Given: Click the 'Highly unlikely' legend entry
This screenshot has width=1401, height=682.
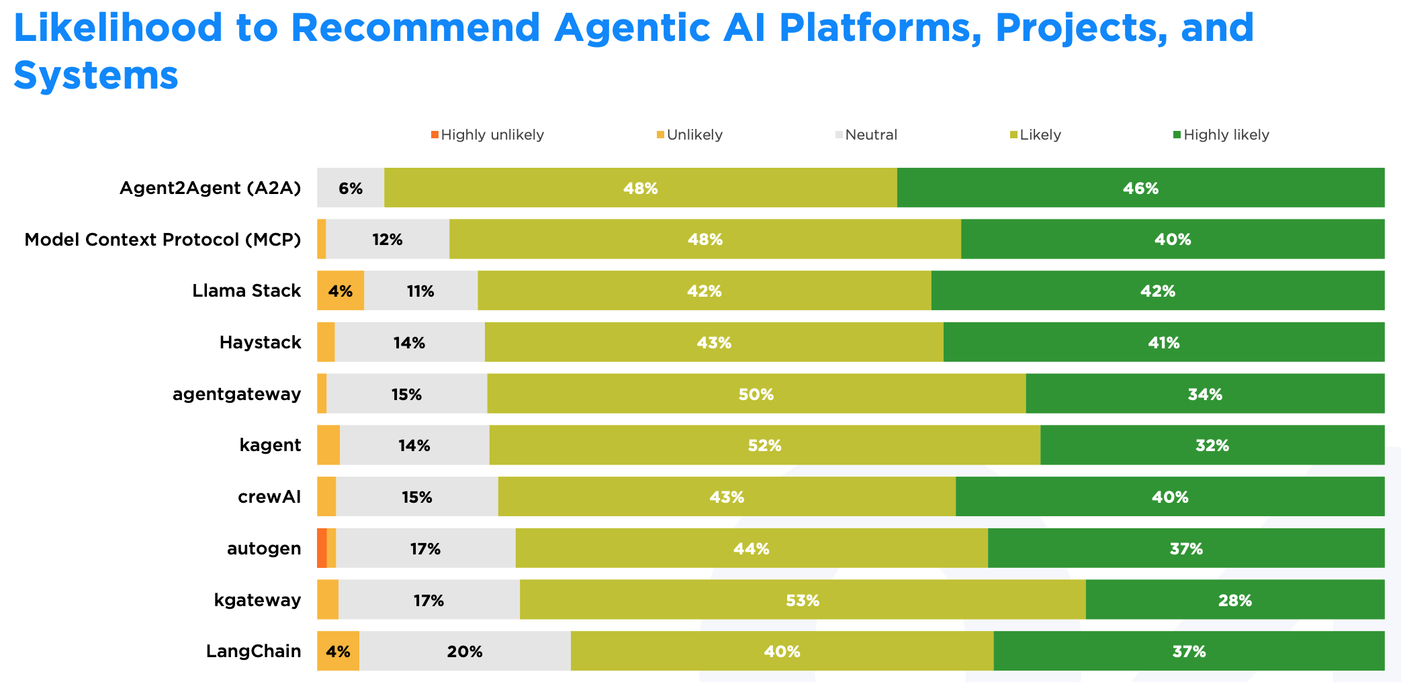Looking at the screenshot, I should click(x=488, y=135).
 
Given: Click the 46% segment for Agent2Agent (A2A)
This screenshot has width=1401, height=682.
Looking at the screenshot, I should click(x=1140, y=188).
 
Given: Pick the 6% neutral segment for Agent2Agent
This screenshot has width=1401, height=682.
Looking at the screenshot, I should click(x=351, y=188).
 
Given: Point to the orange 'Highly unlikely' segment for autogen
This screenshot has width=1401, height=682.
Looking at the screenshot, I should click(x=322, y=548).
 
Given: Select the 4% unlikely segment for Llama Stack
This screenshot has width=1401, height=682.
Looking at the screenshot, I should click(x=341, y=291).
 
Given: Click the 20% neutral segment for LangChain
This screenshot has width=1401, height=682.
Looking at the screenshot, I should click(x=465, y=651).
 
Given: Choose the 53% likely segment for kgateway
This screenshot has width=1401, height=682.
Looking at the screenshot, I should click(x=803, y=599).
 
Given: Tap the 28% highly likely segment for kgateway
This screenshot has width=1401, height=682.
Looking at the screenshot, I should click(x=1234, y=599).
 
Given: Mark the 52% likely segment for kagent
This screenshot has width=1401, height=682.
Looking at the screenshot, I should click(x=764, y=445).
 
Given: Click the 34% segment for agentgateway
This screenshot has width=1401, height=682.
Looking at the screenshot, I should click(x=1205, y=394).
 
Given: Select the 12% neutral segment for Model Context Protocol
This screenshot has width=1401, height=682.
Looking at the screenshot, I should click(x=388, y=239).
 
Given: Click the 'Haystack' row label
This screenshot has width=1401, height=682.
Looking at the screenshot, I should click(x=260, y=342).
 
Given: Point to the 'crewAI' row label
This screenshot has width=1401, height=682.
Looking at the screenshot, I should click(x=269, y=497).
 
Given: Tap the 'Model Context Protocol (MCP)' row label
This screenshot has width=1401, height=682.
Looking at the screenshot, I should click(x=163, y=240).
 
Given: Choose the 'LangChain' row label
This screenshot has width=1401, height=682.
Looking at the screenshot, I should click(x=253, y=651).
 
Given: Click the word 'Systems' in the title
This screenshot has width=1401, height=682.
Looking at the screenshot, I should click(x=96, y=75).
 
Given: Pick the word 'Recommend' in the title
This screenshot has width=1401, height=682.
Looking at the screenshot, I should click(x=415, y=28).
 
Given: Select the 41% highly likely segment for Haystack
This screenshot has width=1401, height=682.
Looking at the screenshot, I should click(x=1163, y=342).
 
